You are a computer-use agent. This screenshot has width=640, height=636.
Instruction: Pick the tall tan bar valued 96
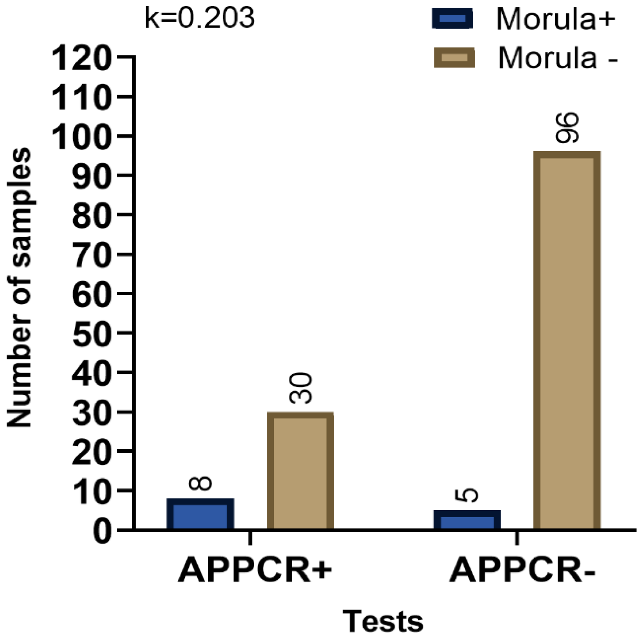(x=567, y=340)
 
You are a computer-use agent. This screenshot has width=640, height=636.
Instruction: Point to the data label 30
(x=301, y=388)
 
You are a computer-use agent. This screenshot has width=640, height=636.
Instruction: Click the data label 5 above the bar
(x=467, y=495)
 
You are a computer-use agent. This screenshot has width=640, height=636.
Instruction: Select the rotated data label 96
(x=567, y=128)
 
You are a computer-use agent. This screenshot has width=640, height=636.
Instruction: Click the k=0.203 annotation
(x=200, y=18)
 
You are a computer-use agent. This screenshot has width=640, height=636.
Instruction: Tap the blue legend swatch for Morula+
(x=452, y=18)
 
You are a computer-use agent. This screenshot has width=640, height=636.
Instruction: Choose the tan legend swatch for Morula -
(x=454, y=58)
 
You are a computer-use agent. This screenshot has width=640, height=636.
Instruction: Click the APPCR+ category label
(x=255, y=571)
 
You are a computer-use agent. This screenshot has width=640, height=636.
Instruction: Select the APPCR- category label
(x=522, y=571)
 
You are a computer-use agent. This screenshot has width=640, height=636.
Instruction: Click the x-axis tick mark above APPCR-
(x=517, y=538)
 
